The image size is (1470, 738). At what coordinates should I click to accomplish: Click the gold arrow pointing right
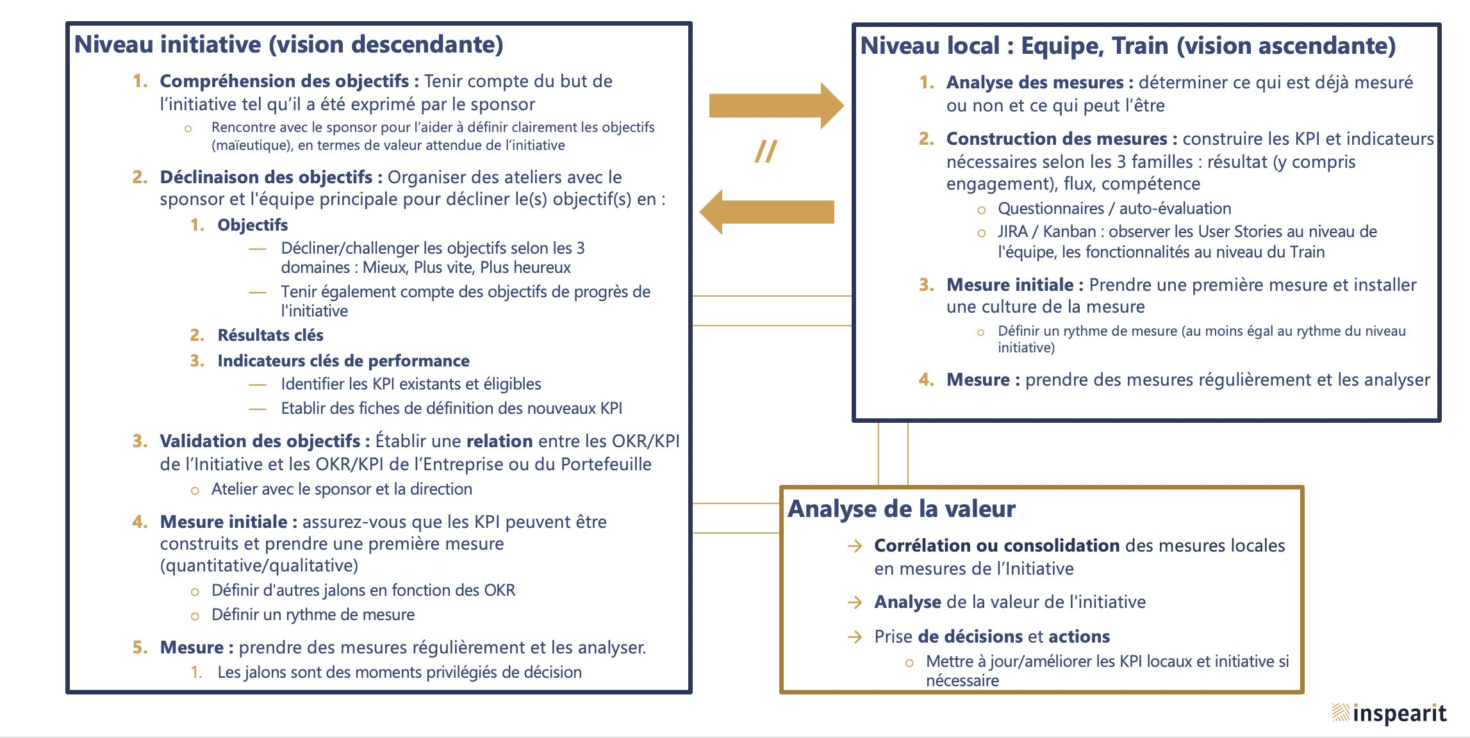[775, 106]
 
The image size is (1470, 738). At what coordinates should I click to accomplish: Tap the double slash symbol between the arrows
[766, 152]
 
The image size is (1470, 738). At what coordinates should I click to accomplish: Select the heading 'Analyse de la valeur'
[901, 509]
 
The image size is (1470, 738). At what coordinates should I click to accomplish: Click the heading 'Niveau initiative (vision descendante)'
[288, 44]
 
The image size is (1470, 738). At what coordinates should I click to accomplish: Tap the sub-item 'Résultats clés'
[270, 335]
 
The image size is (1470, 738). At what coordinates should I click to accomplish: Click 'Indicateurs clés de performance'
[343, 361]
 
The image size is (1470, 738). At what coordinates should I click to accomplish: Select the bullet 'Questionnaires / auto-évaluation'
[1114, 208]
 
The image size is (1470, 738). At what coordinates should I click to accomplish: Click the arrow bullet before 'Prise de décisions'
[854, 637]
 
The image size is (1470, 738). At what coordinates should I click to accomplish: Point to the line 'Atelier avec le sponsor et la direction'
[342, 489]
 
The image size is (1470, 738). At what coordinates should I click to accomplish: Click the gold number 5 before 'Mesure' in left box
[139, 648]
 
